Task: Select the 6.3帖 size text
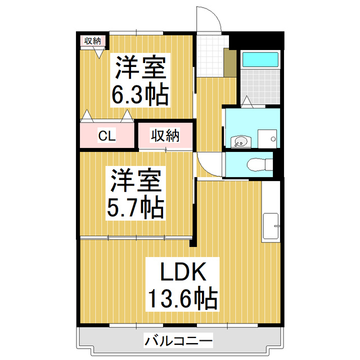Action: coord(140,94)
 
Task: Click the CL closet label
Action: coord(107,136)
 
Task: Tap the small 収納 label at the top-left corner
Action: coord(92,40)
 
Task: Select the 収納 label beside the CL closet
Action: coord(165,136)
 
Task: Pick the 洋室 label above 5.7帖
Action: coord(136,181)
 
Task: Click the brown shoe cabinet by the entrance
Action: coord(230,64)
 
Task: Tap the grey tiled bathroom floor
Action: coord(260,87)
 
